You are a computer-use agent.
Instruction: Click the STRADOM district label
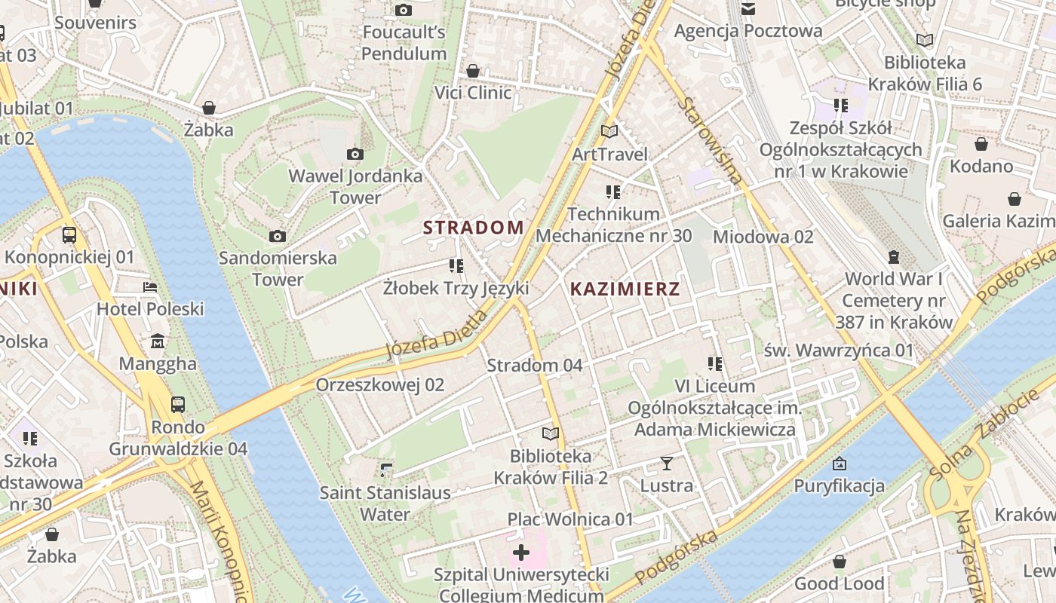tap(473, 228)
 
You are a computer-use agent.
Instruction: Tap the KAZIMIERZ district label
tap(625, 289)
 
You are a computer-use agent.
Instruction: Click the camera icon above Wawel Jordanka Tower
tap(355, 155)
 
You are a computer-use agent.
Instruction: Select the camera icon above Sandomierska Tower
tap(278, 237)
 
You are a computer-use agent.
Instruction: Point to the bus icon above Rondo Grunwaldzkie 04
tap(178, 405)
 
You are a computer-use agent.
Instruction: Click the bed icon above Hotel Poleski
tap(150, 287)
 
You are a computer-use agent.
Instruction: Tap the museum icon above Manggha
tap(158, 342)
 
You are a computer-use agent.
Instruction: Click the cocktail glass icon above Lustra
tap(666, 463)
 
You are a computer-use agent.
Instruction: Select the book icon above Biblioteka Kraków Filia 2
tap(551, 434)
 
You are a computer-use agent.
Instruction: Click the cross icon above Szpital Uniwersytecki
tap(520, 553)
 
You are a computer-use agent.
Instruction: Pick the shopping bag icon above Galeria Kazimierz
tap(1015, 199)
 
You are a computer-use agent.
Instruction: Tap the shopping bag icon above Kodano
tap(981, 144)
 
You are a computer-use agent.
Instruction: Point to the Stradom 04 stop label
tap(534, 366)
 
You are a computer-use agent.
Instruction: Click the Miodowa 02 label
tap(763, 237)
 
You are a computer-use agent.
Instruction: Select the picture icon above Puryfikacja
tap(839, 464)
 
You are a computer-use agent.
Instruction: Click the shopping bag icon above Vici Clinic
tap(473, 71)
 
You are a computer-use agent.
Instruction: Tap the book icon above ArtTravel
tap(609, 132)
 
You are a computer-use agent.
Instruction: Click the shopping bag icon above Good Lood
tap(839, 562)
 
